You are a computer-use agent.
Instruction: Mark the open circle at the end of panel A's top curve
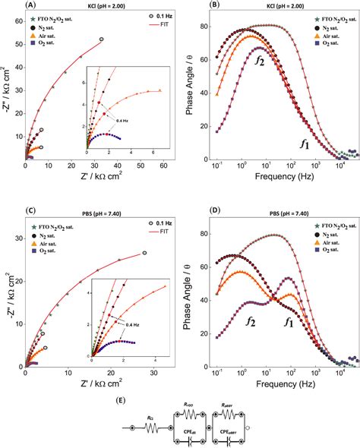(102, 39)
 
